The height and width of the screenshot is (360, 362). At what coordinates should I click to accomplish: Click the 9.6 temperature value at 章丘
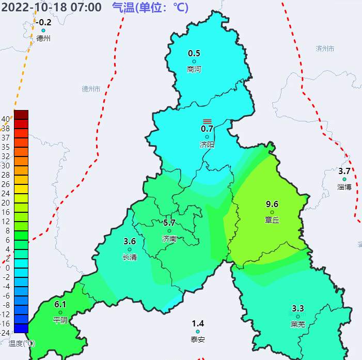272,204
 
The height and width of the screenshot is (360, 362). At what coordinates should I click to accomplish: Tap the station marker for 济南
169,231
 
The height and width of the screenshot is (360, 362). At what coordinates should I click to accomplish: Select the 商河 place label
194,69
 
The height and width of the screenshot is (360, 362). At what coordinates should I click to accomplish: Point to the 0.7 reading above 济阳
207,129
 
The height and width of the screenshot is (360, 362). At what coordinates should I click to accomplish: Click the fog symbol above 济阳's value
207,120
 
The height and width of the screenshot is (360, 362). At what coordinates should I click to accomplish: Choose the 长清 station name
130,257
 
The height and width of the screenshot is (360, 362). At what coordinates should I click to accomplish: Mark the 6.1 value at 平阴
60,304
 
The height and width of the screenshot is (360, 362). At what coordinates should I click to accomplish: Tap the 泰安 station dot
198,332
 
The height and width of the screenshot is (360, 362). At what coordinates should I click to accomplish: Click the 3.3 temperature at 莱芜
298,308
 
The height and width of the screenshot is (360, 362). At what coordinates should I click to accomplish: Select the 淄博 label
344,187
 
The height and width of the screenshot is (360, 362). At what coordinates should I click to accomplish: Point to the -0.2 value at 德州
44,22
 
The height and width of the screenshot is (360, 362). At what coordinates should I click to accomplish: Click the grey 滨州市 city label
325,49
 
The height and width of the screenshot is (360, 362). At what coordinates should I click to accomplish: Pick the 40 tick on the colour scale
6,119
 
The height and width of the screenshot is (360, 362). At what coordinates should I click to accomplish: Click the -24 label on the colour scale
6,333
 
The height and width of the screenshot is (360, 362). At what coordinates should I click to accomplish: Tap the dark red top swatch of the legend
21,114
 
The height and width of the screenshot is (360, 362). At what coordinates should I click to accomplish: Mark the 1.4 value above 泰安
198,323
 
